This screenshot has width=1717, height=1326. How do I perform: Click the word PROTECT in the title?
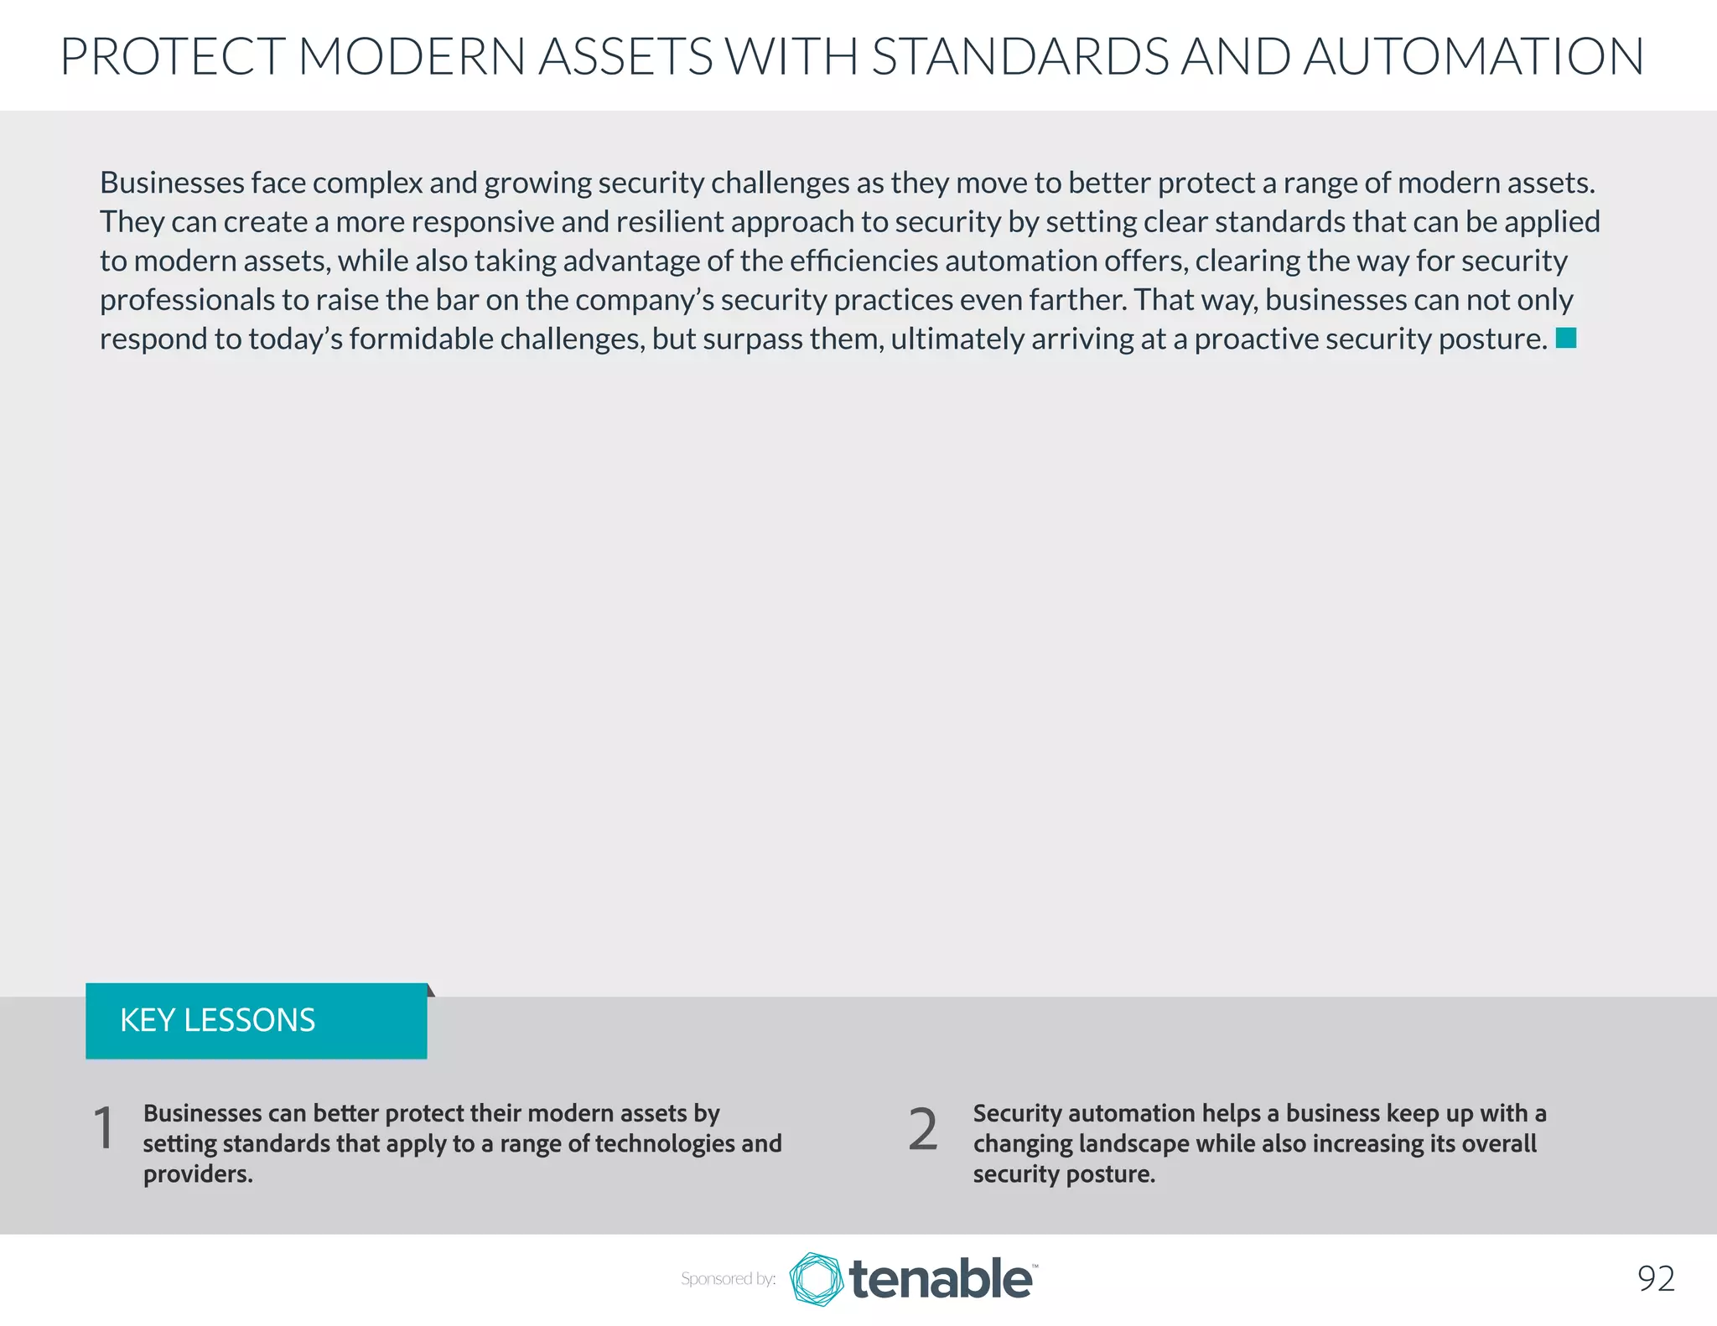pos(173,56)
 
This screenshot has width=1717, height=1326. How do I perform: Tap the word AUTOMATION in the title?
pos(1473,56)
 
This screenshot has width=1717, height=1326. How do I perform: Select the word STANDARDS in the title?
pos(1019,56)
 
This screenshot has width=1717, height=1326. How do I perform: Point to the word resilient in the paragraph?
pos(668,222)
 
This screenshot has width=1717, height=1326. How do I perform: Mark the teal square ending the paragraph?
pos(1566,338)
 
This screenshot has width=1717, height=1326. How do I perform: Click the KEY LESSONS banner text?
pos(217,1020)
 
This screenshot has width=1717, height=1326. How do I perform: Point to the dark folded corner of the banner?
pos(431,990)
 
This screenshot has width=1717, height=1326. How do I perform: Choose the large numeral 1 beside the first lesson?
pos(104,1128)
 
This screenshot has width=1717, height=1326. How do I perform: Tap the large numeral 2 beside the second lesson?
pos(922,1129)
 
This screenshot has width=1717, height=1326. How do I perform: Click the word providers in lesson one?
pos(197,1173)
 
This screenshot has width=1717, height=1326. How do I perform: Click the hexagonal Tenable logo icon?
pos(816,1279)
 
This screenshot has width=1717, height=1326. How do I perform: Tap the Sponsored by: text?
pos(728,1279)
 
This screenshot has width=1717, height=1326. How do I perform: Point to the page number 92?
pos(1656,1279)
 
